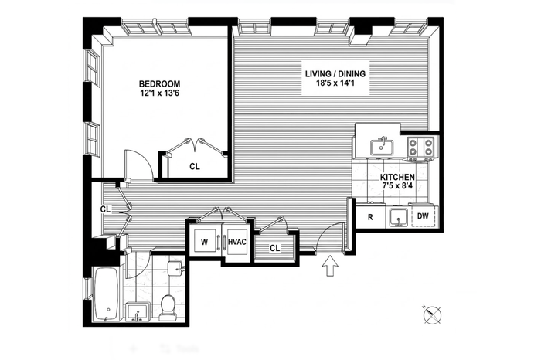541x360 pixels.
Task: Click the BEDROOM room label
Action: click(159, 83)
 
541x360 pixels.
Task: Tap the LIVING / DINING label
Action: click(335, 74)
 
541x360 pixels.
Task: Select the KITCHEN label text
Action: click(397, 177)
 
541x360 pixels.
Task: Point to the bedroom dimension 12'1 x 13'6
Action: click(159, 93)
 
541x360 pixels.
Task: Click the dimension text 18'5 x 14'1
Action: click(335, 83)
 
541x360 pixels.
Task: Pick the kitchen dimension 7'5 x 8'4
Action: click(397, 186)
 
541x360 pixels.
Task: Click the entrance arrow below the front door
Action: click(330, 266)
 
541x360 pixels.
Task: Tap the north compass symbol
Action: click(432, 315)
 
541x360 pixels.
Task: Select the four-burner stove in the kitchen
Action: click(420, 148)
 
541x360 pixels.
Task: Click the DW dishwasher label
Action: click(423, 216)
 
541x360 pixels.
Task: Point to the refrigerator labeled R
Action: click(370, 217)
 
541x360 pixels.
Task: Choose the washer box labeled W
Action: click(206, 242)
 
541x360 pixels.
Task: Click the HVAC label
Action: click(237, 242)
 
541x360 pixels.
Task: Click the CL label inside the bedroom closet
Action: click(195, 167)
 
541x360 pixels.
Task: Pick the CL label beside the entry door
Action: click(274, 248)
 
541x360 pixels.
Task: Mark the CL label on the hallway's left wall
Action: click(106, 209)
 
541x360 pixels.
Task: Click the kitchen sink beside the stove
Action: click(382, 147)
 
